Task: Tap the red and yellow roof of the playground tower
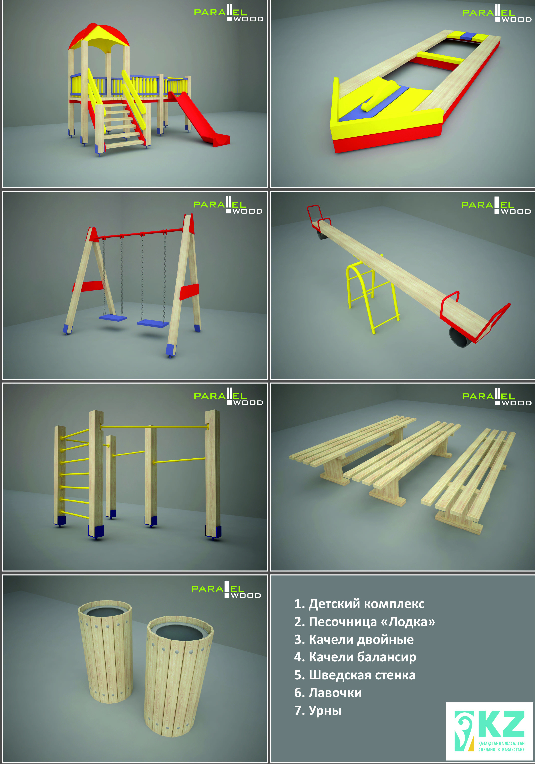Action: (99, 37)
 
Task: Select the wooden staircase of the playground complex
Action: (122, 125)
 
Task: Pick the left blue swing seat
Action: (113, 318)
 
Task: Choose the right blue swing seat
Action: (153, 323)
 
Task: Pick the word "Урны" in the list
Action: (325, 710)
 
